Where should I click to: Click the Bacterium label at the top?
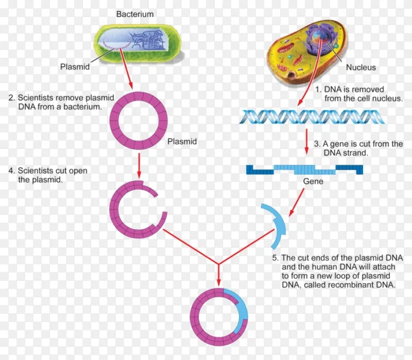point(135,14)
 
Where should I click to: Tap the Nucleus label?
point(361,67)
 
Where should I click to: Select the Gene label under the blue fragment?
point(313,181)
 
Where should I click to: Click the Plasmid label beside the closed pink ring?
point(182,141)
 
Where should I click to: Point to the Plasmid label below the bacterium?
point(75,67)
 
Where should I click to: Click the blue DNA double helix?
point(312,117)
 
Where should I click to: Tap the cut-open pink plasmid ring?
point(115,211)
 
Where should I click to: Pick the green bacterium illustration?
point(137,43)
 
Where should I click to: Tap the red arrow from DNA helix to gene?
point(307,141)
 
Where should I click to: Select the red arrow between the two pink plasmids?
point(139,165)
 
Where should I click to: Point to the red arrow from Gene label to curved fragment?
point(297,202)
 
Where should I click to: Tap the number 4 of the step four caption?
point(11,171)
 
